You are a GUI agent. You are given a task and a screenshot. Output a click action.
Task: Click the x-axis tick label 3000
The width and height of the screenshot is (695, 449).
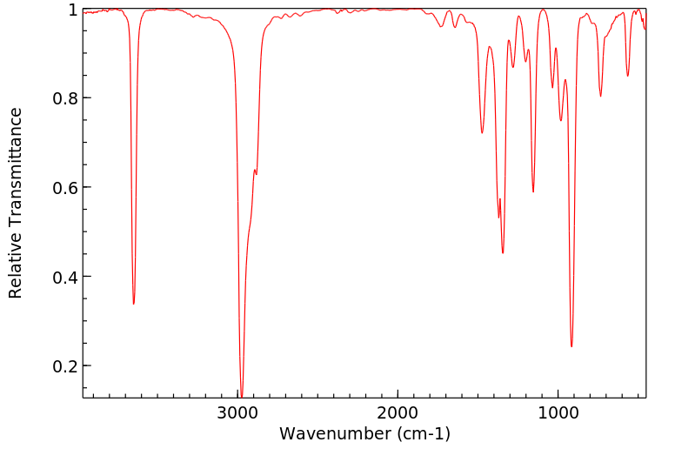coord(239,412)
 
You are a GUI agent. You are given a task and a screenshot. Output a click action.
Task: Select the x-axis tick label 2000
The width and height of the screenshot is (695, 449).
coord(398,412)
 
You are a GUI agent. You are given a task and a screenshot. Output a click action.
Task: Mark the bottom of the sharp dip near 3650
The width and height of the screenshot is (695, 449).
coord(133,304)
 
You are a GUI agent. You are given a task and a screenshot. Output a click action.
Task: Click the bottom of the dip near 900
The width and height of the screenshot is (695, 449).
coord(571,346)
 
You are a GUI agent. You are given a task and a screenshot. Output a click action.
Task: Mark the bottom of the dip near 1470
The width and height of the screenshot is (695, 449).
coord(482,133)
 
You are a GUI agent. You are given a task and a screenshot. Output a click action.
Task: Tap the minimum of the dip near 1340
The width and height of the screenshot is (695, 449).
coord(503,253)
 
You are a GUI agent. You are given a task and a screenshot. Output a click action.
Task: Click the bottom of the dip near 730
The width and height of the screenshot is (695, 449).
coord(600,97)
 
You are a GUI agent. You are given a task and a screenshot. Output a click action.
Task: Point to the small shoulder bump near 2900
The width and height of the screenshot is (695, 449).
coord(254,171)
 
